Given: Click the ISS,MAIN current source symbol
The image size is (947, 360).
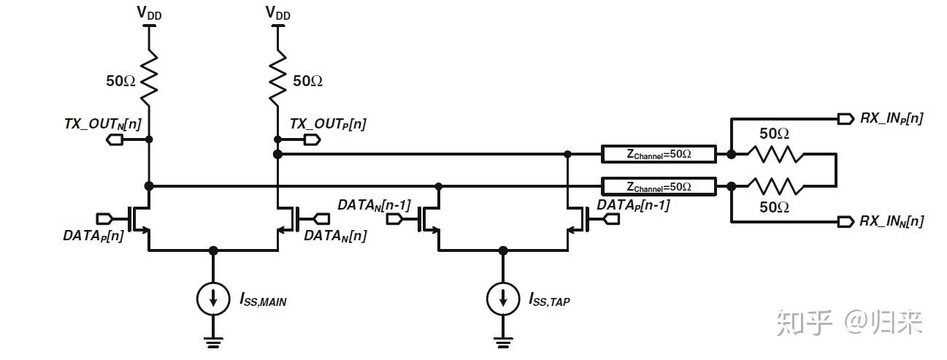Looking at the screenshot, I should pyautogui.click(x=213, y=298).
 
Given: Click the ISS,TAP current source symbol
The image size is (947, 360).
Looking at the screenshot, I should pyautogui.click(x=503, y=298).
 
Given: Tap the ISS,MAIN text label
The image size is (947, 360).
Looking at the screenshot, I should pyautogui.click(x=262, y=299).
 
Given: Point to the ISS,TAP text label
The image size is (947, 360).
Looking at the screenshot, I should pyautogui.click(x=548, y=299).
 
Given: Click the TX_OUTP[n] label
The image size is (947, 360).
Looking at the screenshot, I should pyautogui.click(x=328, y=124).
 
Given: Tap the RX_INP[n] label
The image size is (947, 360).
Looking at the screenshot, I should pyautogui.click(x=891, y=118).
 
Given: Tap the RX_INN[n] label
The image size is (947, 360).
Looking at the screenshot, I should pyautogui.click(x=891, y=221).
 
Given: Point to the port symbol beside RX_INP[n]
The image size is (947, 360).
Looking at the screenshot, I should pyautogui.click(x=846, y=118).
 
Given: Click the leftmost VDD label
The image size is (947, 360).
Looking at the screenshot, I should pyautogui.click(x=149, y=13).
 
